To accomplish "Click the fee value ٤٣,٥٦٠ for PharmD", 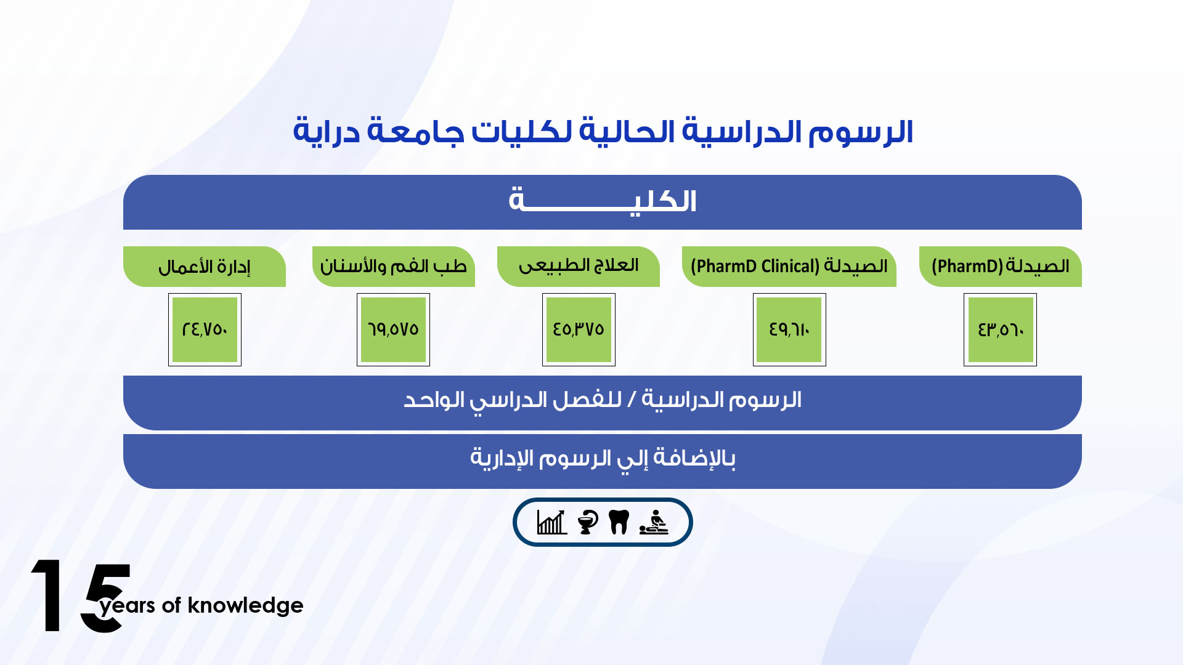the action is pyautogui.click(x=1000, y=329).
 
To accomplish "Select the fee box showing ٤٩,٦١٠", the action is pyautogui.click(x=789, y=329).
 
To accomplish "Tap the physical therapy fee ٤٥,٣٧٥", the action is pyautogui.click(x=579, y=329).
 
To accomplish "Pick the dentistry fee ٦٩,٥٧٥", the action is pyautogui.click(x=393, y=329).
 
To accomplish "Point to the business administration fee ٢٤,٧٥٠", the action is pyautogui.click(x=205, y=329).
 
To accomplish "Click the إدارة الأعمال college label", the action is pyautogui.click(x=205, y=267).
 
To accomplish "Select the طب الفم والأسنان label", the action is pyautogui.click(x=394, y=267).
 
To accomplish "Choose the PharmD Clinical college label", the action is pyautogui.click(x=789, y=267).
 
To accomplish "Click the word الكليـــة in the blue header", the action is pyautogui.click(x=603, y=201).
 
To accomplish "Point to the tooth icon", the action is pyautogui.click(x=619, y=522).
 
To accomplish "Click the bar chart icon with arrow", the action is pyautogui.click(x=552, y=522).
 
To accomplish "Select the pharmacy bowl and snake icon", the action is pyautogui.click(x=588, y=522).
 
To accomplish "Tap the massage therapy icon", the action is pyautogui.click(x=654, y=522).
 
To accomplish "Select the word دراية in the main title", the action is pyautogui.click(x=326, y=131).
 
